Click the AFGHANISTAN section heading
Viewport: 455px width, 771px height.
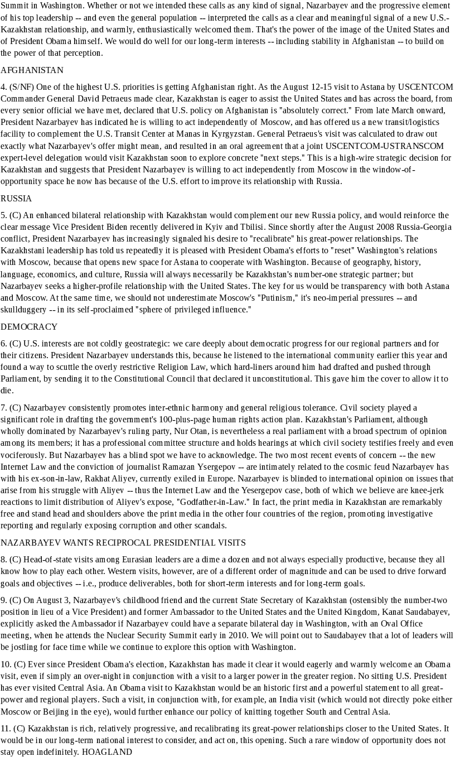[32, 70]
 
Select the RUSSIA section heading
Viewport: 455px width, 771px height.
[16, 199]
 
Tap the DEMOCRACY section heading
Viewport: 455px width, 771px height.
[29, 327]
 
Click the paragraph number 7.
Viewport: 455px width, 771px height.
[3, 408]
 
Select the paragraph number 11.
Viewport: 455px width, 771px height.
[6, 729]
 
